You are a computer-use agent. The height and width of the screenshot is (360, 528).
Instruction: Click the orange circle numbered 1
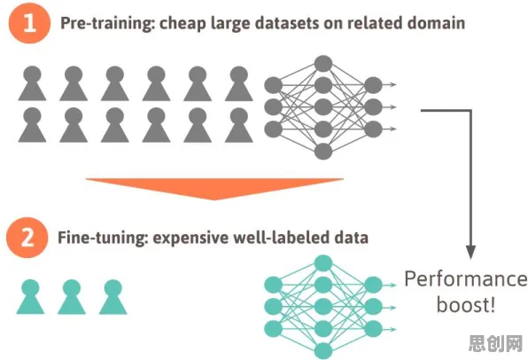[29, 23]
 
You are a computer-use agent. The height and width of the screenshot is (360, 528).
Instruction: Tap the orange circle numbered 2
[27, 238]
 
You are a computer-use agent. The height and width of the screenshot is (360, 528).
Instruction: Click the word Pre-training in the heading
[107, 23]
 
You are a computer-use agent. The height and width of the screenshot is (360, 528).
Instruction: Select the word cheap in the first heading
[182, 24]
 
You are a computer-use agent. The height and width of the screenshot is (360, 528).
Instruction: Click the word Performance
[466, 279]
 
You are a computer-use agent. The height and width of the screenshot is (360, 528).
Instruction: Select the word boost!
[466, 305]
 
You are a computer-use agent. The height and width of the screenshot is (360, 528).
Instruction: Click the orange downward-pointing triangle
[214, 189]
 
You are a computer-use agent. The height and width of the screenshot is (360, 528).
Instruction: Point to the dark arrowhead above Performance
[470, 252]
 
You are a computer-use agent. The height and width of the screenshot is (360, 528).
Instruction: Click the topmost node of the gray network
[323, 64]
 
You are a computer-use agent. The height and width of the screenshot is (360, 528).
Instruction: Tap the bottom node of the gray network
[323, 152]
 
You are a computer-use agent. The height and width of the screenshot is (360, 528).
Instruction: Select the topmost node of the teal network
[323, 263]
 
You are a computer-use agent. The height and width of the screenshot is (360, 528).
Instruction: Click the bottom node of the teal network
[323, 351]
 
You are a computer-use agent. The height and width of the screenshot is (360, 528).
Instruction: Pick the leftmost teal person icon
[30, 297]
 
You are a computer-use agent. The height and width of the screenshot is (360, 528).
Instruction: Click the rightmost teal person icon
[113, 297]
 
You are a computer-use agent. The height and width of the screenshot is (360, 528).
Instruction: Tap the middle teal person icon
[72, 297]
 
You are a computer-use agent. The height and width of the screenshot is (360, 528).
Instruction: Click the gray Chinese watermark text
[496, 343]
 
